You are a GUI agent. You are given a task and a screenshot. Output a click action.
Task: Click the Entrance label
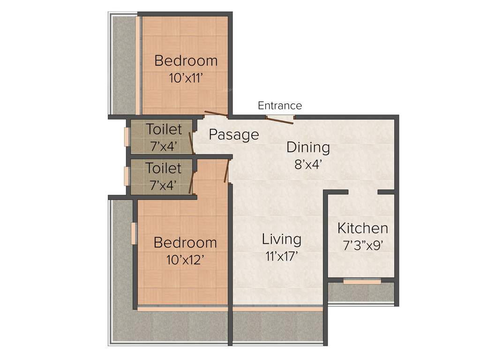(x=280, y=105)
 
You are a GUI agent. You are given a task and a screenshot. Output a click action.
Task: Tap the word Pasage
(x=233, y=135)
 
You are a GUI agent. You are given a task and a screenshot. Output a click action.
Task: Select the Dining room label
(x=308, y=148)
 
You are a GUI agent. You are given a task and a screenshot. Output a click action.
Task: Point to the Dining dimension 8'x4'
(x=308, y=165)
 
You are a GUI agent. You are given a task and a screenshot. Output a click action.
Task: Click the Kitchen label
(x=363, y=228)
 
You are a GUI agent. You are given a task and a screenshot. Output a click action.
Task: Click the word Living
(x=281, y=239)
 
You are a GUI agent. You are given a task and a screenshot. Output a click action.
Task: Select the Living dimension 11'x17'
(x=281, y=256)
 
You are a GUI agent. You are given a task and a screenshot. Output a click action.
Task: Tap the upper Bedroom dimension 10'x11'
(x=186, y=78)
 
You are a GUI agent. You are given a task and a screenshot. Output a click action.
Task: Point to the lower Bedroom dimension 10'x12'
(x=185, y=259)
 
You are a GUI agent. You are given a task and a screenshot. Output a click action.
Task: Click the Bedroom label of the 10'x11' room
(x=186, y=61)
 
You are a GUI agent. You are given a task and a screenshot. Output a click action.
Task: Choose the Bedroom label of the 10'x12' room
(x=185, y=243)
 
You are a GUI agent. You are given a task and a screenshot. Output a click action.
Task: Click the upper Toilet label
(x=163, y=129)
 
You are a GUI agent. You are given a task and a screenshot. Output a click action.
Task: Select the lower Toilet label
(x=163, y=168)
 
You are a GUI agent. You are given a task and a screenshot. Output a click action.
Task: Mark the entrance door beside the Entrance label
(x=280, y=118)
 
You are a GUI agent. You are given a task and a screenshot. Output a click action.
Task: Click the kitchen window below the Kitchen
(x=362, y=281)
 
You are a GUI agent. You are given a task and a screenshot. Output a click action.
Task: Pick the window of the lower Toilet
(x=127, y=176)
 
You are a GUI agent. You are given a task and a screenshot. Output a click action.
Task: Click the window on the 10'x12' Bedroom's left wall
(x=134, y=233)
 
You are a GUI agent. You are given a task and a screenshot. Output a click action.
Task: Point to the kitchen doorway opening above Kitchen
(x=363, y=192)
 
